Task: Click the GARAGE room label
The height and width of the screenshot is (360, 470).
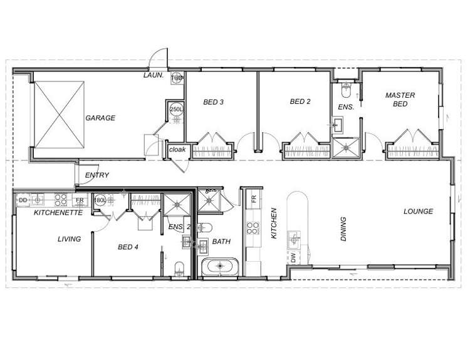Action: point(100,118)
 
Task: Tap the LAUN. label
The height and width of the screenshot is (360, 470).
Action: point(154,75)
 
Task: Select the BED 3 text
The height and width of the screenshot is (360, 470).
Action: point(214,102)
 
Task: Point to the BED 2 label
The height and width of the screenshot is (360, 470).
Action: point(301,101)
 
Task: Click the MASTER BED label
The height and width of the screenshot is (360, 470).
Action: point(400,100)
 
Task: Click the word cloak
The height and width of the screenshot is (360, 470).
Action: point(175,150)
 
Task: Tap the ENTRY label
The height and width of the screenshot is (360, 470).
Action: point(97,175)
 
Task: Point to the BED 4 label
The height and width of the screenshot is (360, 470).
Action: point(128,247)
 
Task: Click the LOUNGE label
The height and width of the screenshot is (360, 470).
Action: point(418,212)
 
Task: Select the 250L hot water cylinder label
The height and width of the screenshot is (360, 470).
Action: point(176,110)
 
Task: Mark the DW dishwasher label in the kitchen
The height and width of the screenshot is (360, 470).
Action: point(293,257)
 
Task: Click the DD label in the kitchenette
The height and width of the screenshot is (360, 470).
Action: point(23,200)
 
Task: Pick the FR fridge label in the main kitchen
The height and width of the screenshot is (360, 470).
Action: point(254,199)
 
